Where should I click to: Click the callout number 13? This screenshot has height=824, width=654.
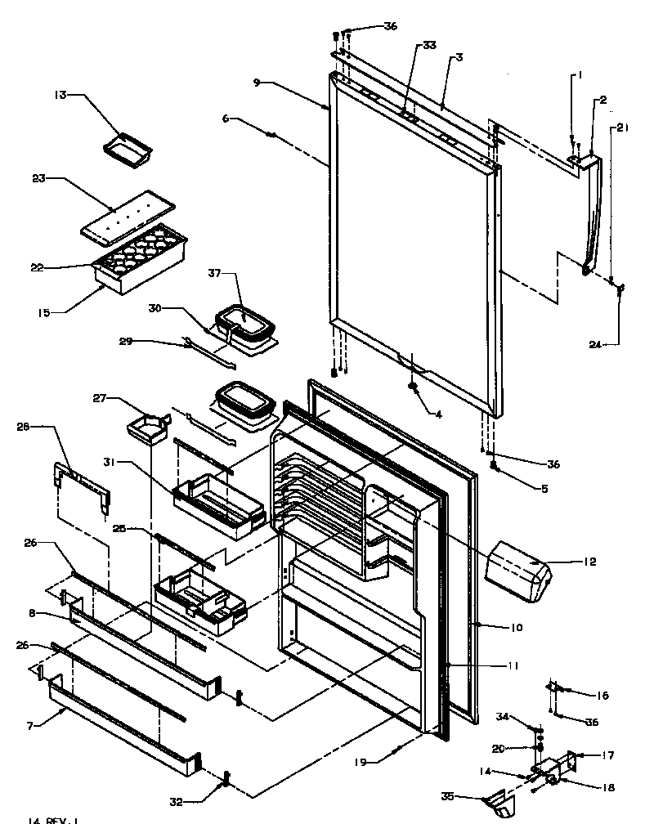tap(60, 95)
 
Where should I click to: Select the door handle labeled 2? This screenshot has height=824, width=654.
tap(594, 213)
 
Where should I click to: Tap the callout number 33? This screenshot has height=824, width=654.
tap(429, 45)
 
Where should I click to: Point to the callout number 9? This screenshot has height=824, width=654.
tap(258, 83)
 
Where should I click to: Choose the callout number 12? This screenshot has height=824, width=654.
tap(589, 562)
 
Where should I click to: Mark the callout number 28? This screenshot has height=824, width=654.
tap(23, 426)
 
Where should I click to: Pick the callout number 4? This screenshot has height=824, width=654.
tap(438, 415)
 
